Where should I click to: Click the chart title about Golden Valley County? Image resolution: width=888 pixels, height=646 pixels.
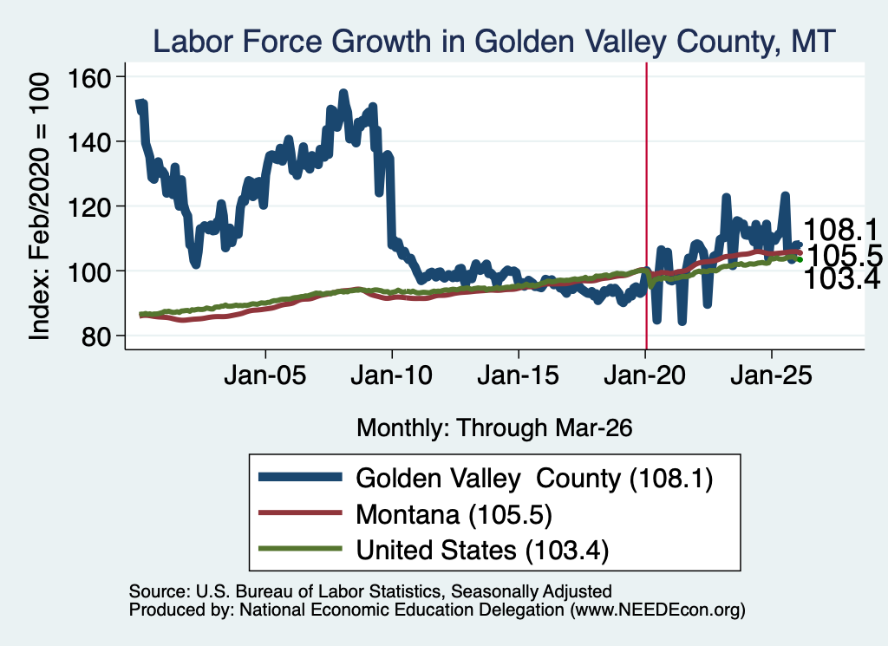tap(493, 42)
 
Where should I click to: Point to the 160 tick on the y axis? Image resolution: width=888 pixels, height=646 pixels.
tap(89, 77)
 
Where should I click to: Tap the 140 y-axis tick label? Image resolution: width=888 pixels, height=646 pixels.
tap(89, 141)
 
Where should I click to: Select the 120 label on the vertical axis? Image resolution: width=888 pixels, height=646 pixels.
tap(89, 206)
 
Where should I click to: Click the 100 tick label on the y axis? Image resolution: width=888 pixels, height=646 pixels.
tap(89, 271)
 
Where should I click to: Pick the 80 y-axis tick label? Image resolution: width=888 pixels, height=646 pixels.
tap(96, 336)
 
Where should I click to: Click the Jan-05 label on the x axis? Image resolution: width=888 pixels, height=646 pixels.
tap(265, 375)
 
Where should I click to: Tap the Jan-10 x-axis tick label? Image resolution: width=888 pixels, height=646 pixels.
tap(392, 375)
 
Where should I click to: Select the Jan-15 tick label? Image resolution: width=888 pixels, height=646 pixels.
tap(519, 375)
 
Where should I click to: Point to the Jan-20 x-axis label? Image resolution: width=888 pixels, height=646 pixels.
tap(645, 375)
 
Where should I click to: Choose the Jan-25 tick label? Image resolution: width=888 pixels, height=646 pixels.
tap(771, 375)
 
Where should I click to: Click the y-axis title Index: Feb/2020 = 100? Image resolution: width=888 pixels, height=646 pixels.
tap(40, 206)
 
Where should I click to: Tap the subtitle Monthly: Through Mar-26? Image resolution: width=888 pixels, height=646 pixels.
tap(494, 428)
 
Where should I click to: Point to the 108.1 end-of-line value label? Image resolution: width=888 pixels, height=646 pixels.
tap(841, 231)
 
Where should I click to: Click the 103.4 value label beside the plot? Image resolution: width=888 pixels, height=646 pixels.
tap(841, 279)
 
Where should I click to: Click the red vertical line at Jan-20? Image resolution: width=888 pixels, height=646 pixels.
tap(646, 206)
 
